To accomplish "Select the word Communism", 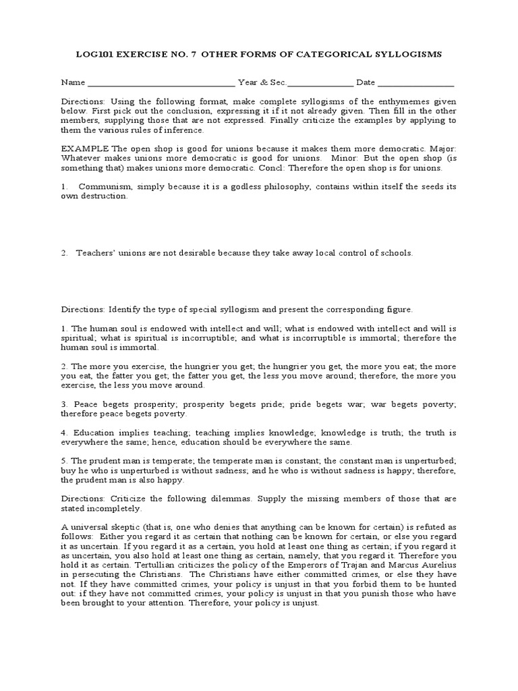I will tap(108, 186).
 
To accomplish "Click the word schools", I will tap(395, 253).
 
